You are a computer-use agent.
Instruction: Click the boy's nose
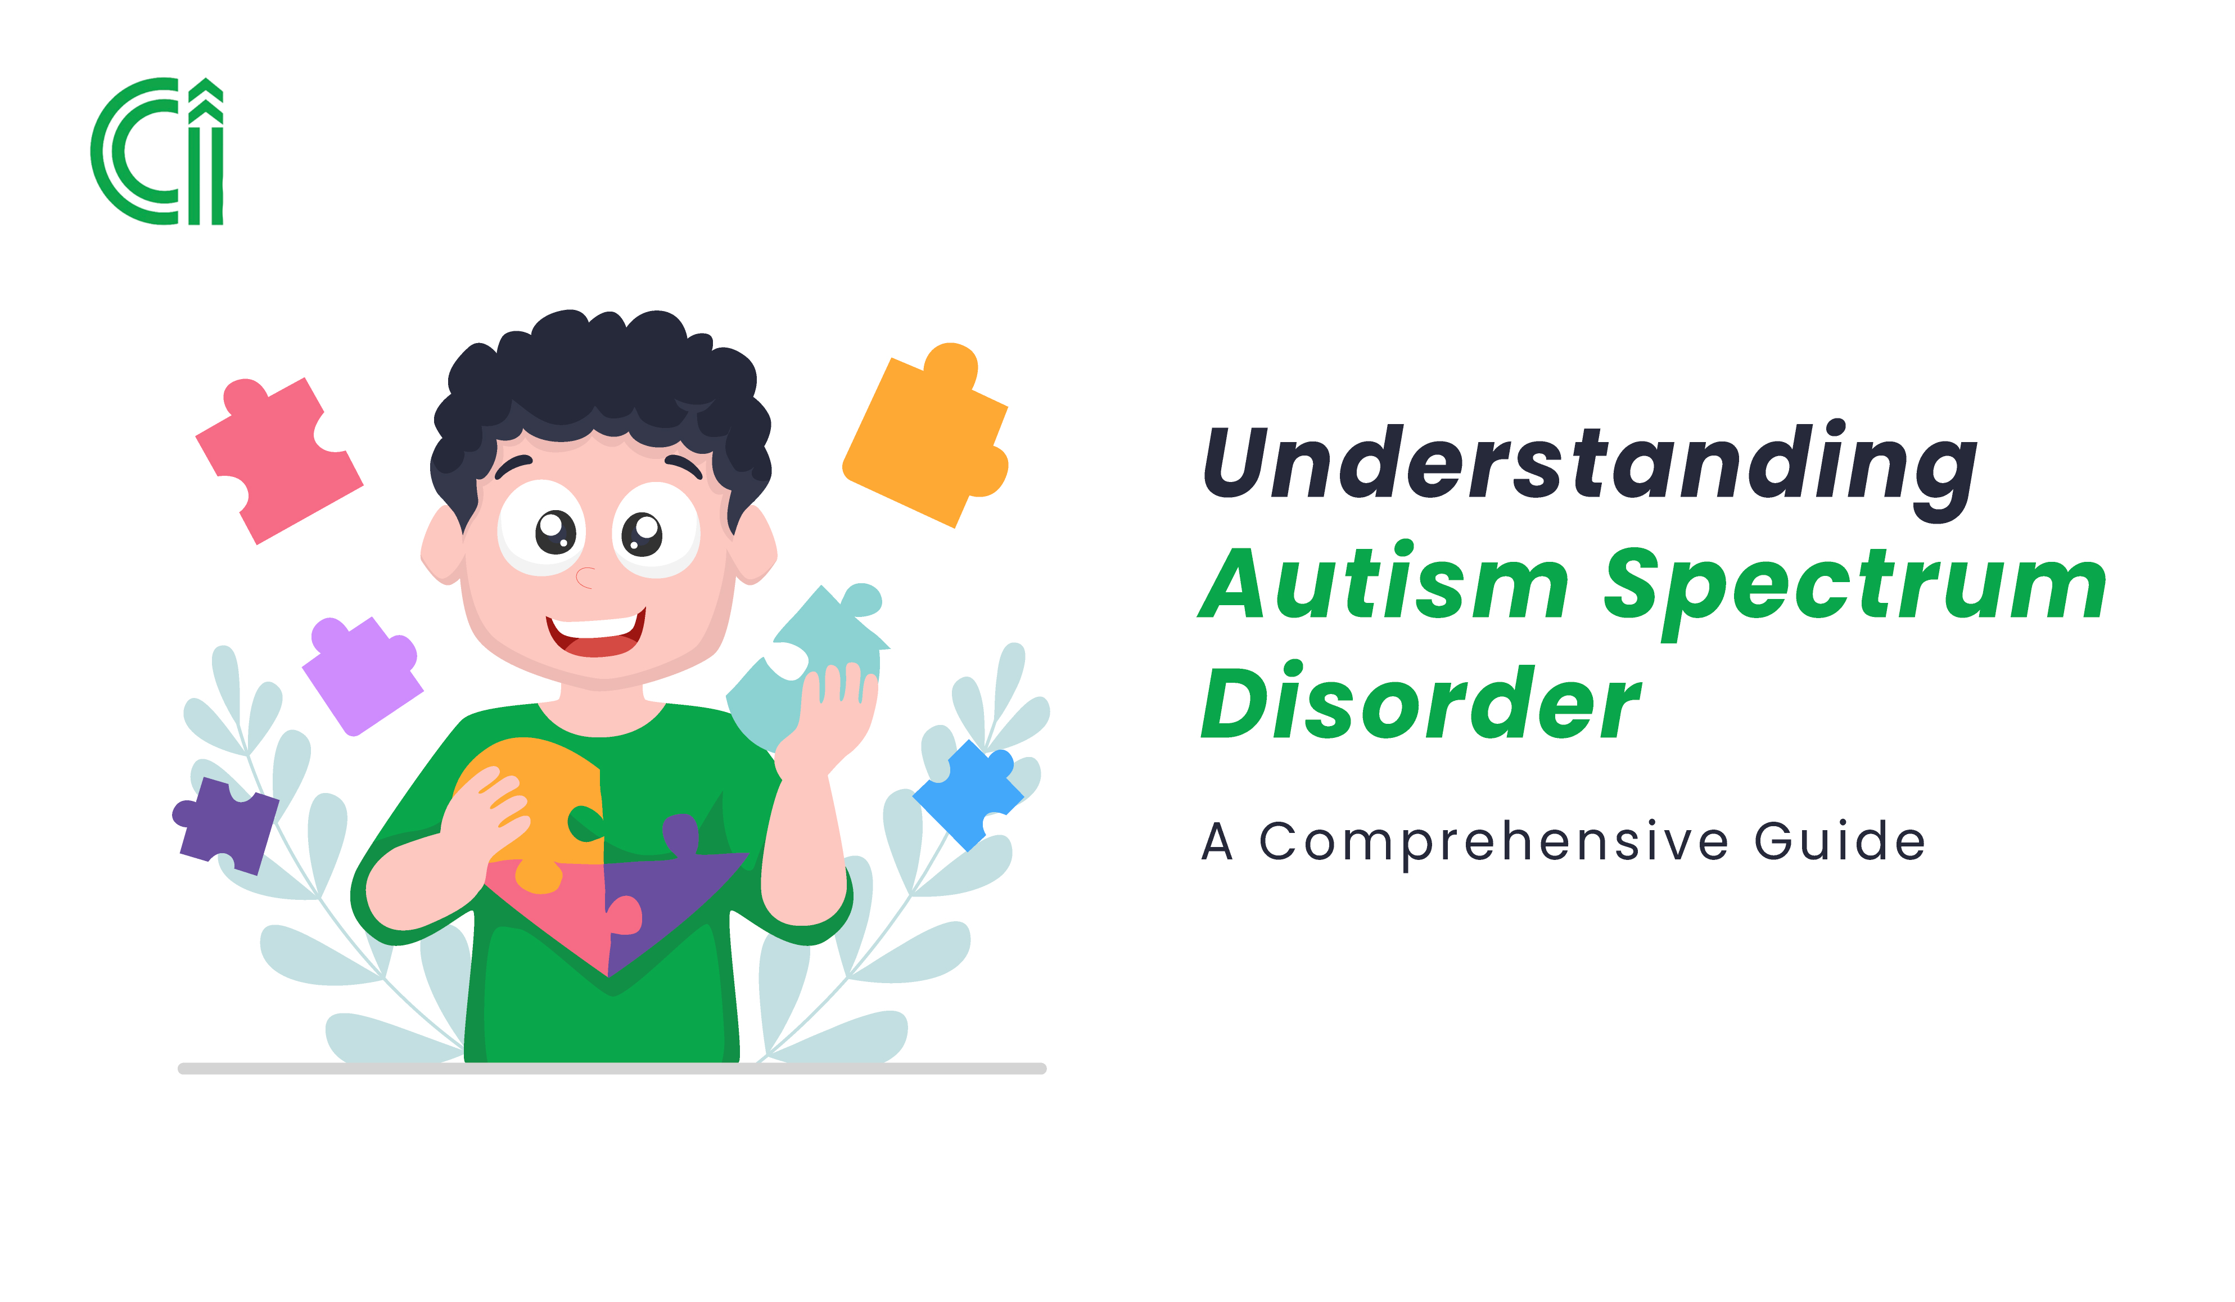pos(584,578)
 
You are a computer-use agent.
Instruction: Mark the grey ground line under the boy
pos(612,1069)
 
